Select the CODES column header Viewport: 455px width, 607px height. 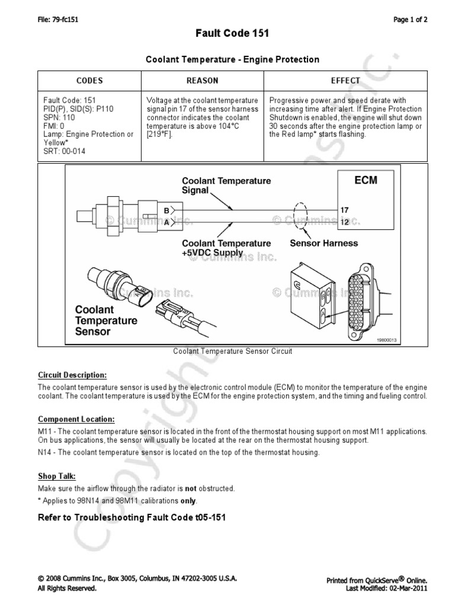(89, 81)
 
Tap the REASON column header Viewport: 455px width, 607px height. (202, 81)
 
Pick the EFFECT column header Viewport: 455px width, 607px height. (345, 81)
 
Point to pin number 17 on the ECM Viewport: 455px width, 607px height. (344, 210)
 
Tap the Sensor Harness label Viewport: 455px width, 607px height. (323, 243)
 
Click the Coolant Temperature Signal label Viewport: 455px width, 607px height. (226, 186)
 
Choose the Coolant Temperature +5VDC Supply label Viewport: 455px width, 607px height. (226, 248)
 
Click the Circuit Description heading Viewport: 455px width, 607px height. (72, 375)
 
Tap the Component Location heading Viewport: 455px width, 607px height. (76, 418)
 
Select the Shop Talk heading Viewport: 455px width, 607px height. (57, 477)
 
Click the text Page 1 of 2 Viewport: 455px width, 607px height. (411, 19)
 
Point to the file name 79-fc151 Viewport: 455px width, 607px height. (58, 19)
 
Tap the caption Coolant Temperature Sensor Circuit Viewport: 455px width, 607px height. (232, 351)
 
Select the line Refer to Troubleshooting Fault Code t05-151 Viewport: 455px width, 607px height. (132, 517)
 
